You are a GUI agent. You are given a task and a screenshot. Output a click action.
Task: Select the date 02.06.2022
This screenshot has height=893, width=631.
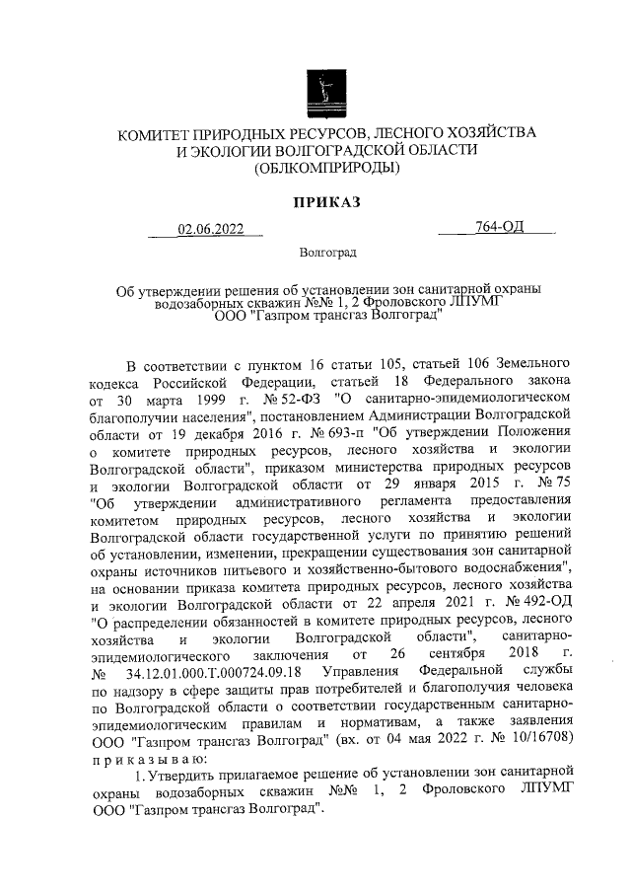point(209,231)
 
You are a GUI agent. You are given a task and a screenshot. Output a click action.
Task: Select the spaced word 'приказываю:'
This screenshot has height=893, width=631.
point(145,758)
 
